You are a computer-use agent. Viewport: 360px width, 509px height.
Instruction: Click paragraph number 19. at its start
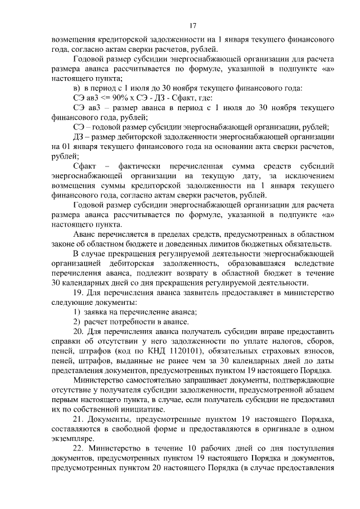[x=79, y=293]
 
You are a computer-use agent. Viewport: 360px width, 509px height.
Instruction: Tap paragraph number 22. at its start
[x=79, y=450]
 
